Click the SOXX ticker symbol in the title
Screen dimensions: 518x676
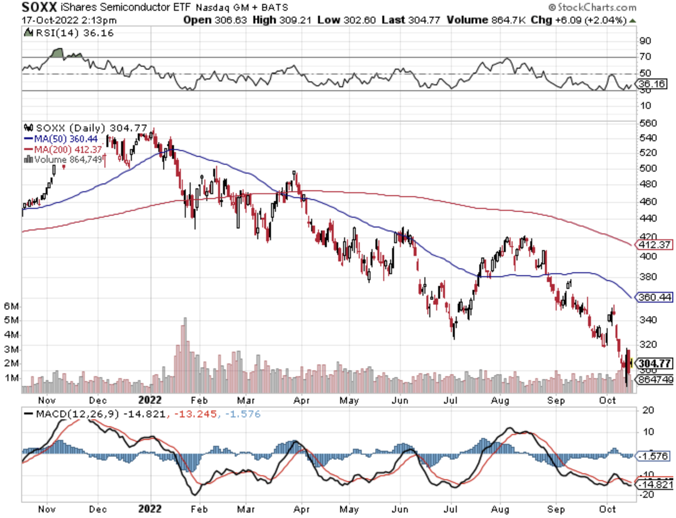click(x=39, y=7)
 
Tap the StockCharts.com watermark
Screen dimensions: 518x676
click(x=592, y=7)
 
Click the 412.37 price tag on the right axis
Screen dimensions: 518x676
click(x=654, y=245)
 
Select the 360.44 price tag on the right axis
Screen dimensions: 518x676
click(x=654, y=297)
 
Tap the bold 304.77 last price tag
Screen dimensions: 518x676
click(x=655, y=363)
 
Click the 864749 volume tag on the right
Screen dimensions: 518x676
click(x=655, y=380)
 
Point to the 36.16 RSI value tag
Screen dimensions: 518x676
click(x=652, y=84)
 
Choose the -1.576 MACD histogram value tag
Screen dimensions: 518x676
click(x=653, y=456)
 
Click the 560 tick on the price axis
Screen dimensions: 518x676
click(x=648, y=123)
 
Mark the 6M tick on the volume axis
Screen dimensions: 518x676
click(x=11, y=306)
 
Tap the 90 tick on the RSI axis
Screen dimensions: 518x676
click(x=645, y=41)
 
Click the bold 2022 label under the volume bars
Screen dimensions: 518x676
click(x=149, y=400)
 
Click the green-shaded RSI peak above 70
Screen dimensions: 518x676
click(x=57, y=53)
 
